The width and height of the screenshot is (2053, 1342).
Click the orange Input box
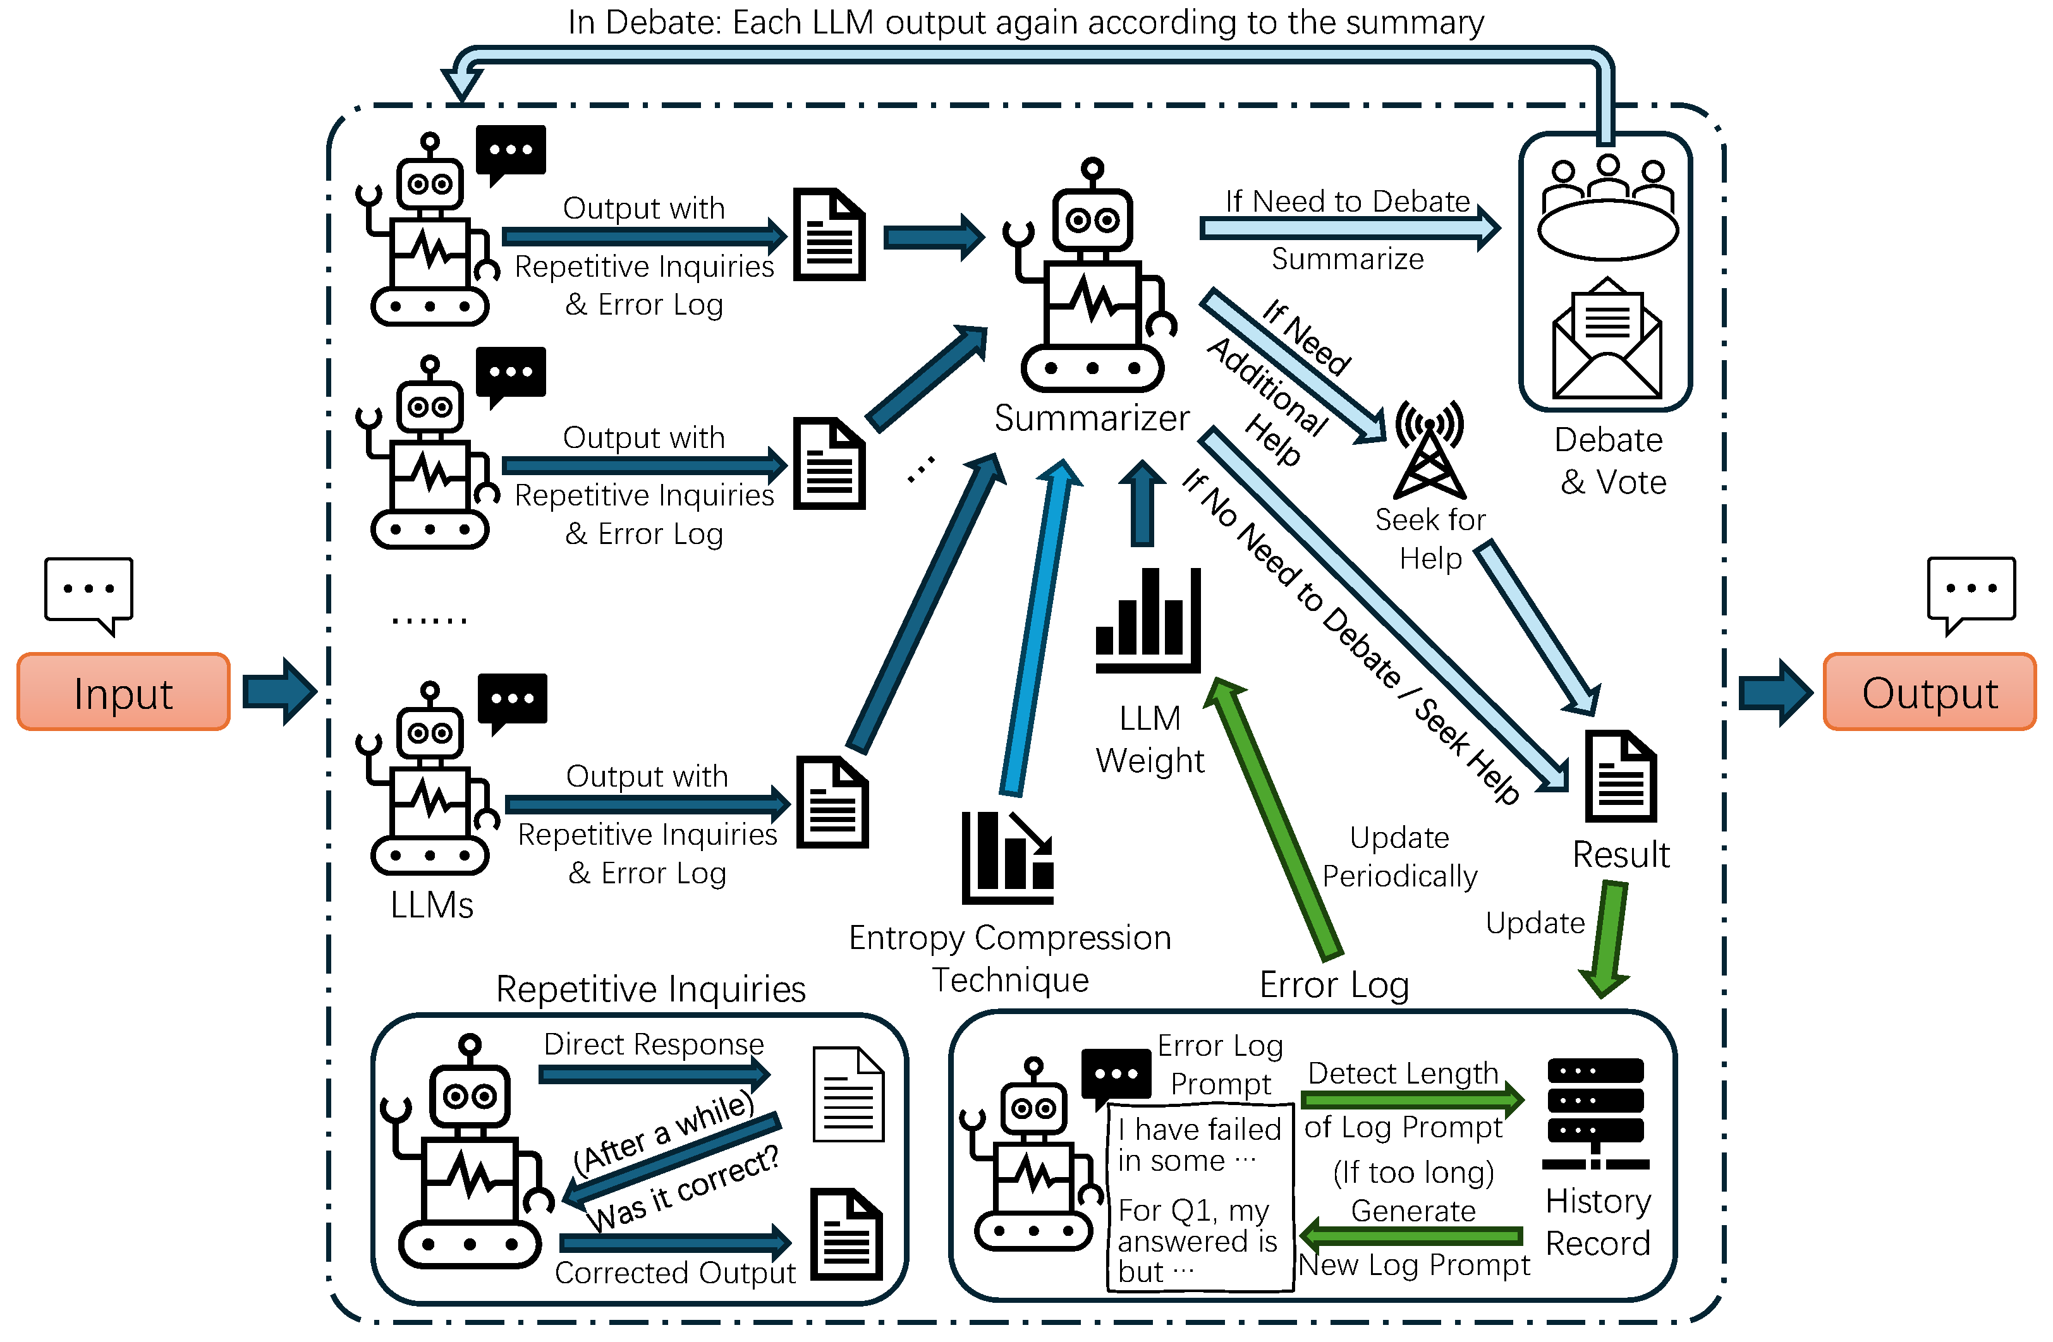point(123,692)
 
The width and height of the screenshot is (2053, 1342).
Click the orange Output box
point(1930,692)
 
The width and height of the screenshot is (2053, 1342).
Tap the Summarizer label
point(1092,418)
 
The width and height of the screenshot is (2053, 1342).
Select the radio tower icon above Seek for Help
point(1429,449)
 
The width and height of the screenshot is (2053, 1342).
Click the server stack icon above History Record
point(1596,1113)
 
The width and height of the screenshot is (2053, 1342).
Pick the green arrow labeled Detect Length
point(1412,1099)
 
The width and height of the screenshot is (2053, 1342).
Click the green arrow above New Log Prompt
point(1411,1235)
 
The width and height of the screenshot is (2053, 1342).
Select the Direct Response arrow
point(654,1073)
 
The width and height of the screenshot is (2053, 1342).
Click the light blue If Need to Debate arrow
point(1350,229)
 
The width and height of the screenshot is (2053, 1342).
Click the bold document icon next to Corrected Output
point(847,1234)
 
